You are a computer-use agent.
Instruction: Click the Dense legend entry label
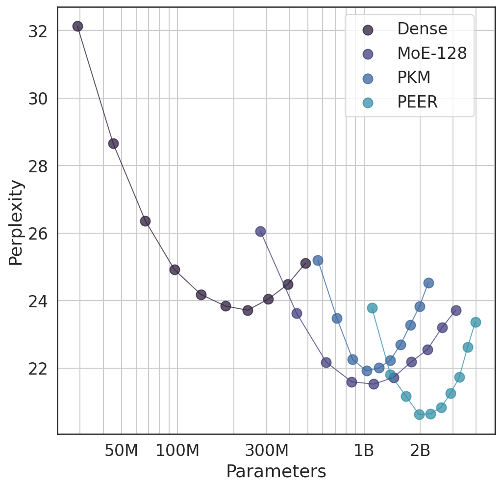[422, 29]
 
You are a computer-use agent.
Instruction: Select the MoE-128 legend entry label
[431, 54]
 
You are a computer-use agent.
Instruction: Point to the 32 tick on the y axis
[38, 31]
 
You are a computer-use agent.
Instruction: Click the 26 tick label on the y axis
[38, 233]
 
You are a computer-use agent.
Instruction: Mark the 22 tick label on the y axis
[38, 368]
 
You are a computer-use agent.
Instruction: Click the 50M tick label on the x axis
[122, 451]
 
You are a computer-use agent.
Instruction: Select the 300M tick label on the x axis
[267, 451]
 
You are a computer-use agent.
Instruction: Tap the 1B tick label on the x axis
[364, 451]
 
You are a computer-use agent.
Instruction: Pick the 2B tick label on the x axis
[420, 451]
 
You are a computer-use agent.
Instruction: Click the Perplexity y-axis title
[16, 223]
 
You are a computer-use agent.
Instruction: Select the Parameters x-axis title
[276, 472]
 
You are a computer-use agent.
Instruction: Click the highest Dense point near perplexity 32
[77, 26]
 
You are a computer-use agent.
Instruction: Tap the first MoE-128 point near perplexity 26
[260, 231]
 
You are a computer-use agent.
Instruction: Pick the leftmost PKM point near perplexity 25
[318, 260]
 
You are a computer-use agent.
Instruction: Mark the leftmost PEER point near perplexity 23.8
[372, 308]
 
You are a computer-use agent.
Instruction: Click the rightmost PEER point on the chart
[476, 322]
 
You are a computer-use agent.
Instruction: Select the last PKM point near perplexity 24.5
[428, 283]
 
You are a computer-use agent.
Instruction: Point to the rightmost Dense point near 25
[305, 263]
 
